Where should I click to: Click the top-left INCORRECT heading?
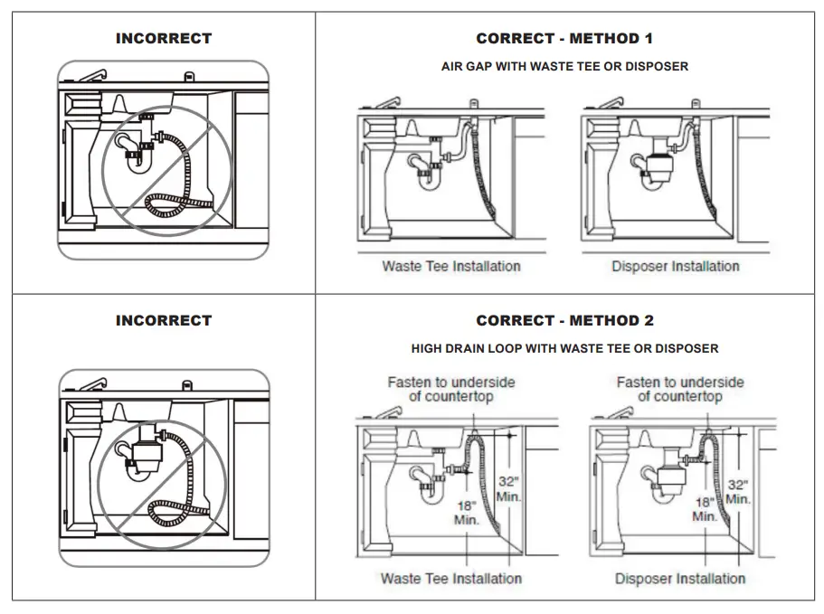(x=164, y=39)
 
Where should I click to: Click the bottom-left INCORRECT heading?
(x=164, y=321)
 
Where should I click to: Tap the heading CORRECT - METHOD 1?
(x=564, y=39)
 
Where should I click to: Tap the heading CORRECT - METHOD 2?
(x=564, y=321)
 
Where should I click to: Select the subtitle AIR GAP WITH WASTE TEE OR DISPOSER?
(x=564, y=67)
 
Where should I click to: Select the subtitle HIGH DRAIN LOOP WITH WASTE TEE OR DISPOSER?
(x=564, y=348)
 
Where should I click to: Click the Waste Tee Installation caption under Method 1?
(x=451, y=266)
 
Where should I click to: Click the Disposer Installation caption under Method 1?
(x=676, y=266)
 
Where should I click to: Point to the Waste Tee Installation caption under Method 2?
(x=451, y=579)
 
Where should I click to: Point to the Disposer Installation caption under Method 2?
(x=680, y=579)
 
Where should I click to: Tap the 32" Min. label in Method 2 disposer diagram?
(x=737, y=492)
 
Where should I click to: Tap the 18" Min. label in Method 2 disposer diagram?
(x=705, y=508)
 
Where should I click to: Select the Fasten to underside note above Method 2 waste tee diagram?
(x=451, y=390)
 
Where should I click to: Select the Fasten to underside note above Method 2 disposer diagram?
(x=680, y=390)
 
